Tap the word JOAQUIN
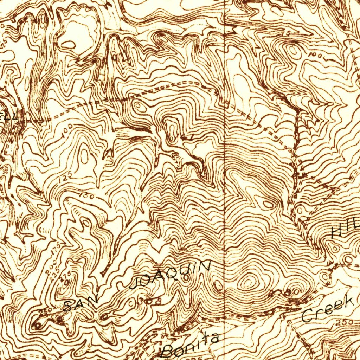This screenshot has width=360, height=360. pos(171,275)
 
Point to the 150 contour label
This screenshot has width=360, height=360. pos(86,195)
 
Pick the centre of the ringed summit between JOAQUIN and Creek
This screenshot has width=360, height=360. pos(248,282)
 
